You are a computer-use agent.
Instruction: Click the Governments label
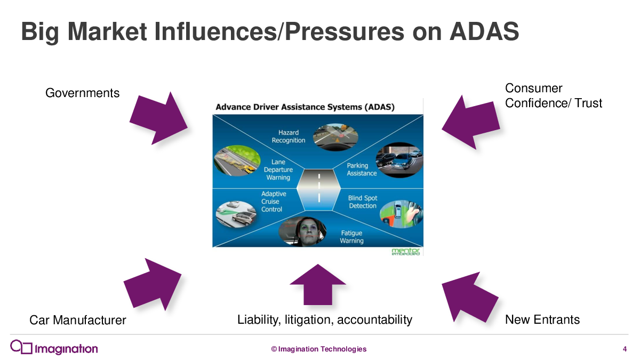[x=82, y=93]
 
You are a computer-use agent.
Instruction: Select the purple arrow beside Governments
[x=158, y=118]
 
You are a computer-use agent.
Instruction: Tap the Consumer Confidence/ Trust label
[x=554, y=95]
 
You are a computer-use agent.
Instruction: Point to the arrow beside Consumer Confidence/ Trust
[x=471, y=122]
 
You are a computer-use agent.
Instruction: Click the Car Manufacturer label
[x=78, y=320]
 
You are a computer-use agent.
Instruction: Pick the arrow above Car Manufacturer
[x=153, y=285]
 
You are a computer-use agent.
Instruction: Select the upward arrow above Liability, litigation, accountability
[x=318, y=285]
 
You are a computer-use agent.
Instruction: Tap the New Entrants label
[x=542, y=319]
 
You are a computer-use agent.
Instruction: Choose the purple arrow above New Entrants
[x=470, y=297]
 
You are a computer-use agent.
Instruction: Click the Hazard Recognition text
[x=289, y=137]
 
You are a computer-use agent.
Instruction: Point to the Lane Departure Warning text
[x=278, y=170]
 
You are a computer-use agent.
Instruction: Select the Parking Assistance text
[x=362, y=170]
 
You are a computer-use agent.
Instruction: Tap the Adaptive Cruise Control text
[x=274, y=202]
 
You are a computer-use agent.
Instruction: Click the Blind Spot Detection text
[x=363, y=202]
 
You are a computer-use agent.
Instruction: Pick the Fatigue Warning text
[x=351, y=237]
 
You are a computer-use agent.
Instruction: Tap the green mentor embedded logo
[x=405, y=251]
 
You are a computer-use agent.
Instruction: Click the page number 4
[x=625, y=349]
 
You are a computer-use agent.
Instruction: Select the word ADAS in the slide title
[x=484, y=31]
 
